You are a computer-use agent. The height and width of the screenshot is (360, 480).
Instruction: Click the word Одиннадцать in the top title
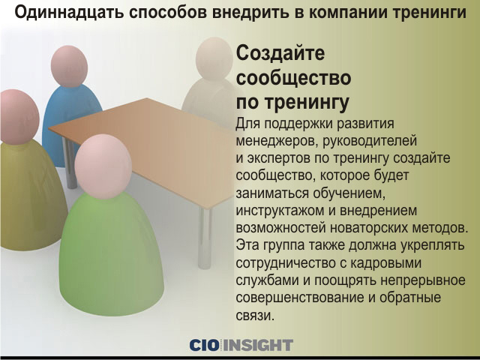click(69, 13)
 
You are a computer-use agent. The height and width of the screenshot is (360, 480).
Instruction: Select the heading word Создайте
click(280, 54)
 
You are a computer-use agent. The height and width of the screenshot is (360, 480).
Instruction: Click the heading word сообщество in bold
click(293, 78)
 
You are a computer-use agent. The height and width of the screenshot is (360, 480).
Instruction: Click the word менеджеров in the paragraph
click(277, 141)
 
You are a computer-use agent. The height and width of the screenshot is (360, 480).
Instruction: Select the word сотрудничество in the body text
click(285, 263)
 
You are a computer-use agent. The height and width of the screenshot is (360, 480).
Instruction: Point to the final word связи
click(255, 316)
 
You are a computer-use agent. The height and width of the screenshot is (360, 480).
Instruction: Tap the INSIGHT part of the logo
click(258, 345)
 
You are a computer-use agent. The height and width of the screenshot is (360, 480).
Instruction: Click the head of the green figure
click(103, 166)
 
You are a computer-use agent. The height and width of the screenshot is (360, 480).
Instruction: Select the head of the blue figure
click(69, 66)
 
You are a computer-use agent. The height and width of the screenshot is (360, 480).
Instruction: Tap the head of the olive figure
click(19, 117)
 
